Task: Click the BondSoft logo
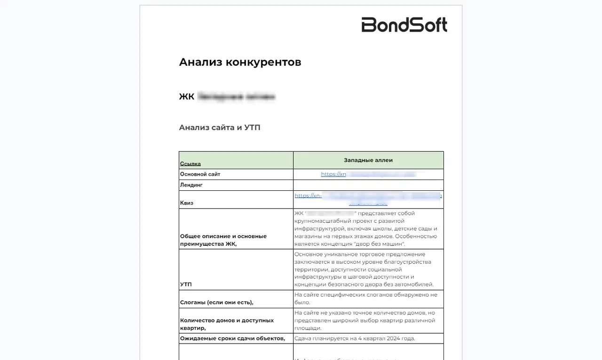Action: (x=404, y=25)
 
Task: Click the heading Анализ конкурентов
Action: (x=240, y=62)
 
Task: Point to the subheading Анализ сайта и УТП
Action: (x=220, y=127)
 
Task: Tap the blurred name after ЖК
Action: (x=236, y=97)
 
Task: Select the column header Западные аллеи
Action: (x=368, y=160)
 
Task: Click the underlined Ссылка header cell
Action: (x=190, y=164)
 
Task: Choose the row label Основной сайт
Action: (x=200, y=174)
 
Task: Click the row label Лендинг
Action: (x=191, y=185)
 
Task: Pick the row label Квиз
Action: (x=187, y=203)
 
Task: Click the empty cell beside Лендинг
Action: (x=368, y=185)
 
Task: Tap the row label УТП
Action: (x=186, y=284)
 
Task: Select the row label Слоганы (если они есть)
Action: (x=220, y=302)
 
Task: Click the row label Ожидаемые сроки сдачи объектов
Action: (x=232, y=338)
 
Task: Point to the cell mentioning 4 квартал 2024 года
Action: (x=355, y=338)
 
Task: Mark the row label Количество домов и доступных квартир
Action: (x=227, y=324)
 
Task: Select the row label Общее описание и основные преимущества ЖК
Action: (x=223, y=240)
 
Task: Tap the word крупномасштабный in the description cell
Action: (x=321, y=220)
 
